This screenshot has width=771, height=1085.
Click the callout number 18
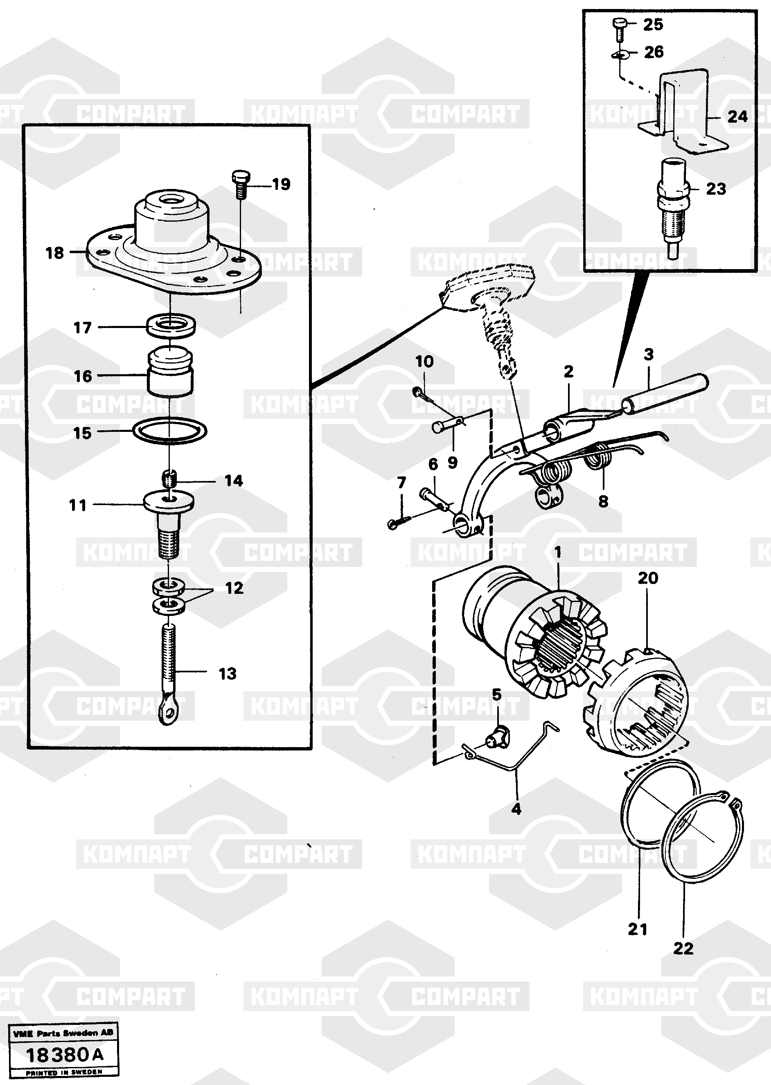point(54,253)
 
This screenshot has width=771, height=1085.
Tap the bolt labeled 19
point(240,184)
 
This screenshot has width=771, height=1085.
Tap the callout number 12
point(234,588)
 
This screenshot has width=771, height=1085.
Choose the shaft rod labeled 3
point(665,395)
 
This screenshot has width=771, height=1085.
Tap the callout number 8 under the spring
point(603,501)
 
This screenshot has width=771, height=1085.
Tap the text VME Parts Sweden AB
point(63,1033)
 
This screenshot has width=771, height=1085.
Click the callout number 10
point(424,362)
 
